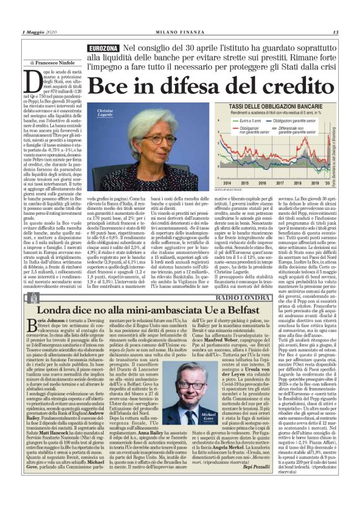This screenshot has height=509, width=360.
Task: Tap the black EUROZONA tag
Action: point(104,48)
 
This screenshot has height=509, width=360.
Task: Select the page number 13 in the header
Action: point(335,32)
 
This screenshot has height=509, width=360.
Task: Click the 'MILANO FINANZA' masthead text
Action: point(179,32)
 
